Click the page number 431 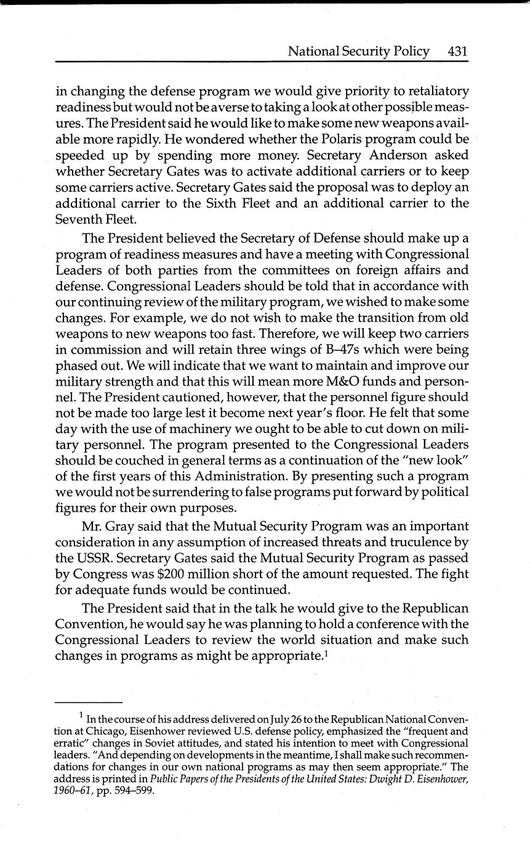(x=457, y=51)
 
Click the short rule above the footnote (x=89, y=703)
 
